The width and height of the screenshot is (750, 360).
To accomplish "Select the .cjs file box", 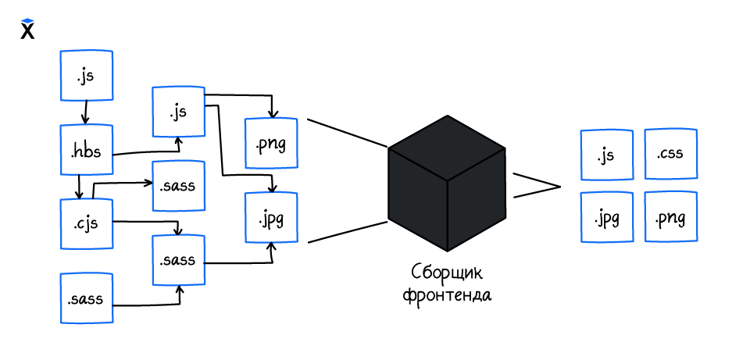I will pos(87,224).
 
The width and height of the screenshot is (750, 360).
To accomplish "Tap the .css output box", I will pos(670,154).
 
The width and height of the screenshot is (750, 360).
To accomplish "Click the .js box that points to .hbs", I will pos(87,76).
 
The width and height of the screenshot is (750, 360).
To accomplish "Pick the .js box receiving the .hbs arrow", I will pos(178,112).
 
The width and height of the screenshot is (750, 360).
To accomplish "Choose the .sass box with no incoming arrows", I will pos(87,298).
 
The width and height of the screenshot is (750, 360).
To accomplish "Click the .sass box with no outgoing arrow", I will pos(178,186).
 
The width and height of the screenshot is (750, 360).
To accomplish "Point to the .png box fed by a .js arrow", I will pos(271,143).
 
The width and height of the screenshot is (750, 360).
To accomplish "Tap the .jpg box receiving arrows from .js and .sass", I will pos(271,218).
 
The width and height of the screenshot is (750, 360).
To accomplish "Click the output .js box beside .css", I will pos(606,155).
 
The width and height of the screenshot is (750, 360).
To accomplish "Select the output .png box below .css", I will pos(670,216).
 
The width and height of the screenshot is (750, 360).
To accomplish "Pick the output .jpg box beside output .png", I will pos(606,216).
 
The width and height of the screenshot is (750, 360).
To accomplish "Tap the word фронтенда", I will pos(447,297).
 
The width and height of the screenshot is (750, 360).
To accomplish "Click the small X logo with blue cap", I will pos(27,29).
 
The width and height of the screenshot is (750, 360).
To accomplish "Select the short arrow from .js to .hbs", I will pos(84,112).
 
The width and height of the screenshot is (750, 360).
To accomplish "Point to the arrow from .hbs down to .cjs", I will pos(80,187).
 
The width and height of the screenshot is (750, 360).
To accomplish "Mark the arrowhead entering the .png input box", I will pos(271,112).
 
